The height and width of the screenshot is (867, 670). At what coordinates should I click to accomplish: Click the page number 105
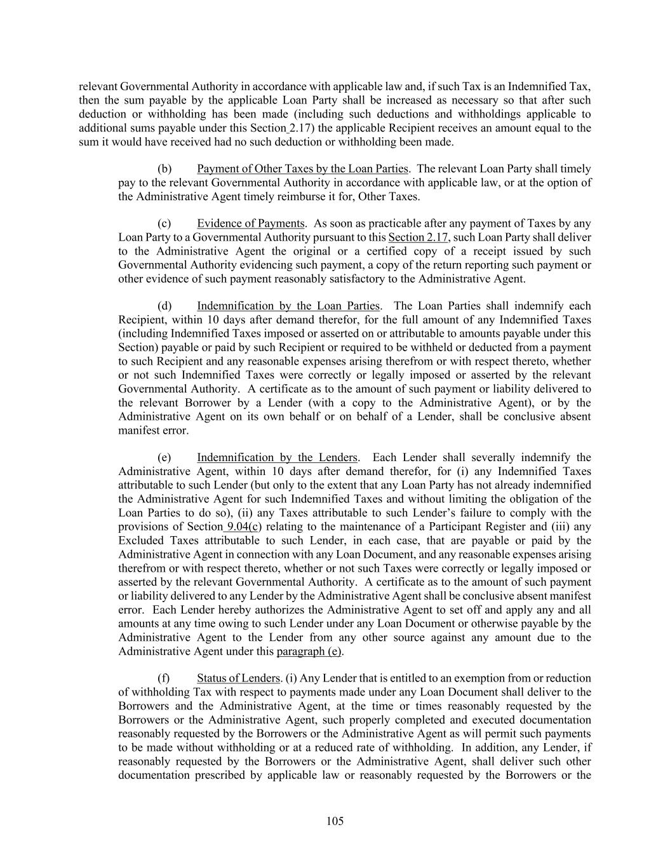tap(335, 821)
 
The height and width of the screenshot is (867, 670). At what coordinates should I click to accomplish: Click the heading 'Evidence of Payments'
tap(250, 224)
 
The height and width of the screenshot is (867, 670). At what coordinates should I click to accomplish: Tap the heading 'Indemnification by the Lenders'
tap(277, 458)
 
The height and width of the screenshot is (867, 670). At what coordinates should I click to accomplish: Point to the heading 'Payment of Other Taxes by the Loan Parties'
tap(302, 169)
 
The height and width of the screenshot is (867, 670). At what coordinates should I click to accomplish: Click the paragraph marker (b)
tap(164, 169)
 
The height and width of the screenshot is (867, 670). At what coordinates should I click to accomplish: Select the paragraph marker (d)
tap(164, 306)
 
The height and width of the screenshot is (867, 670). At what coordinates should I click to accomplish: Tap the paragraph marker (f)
tap(164, 678)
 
